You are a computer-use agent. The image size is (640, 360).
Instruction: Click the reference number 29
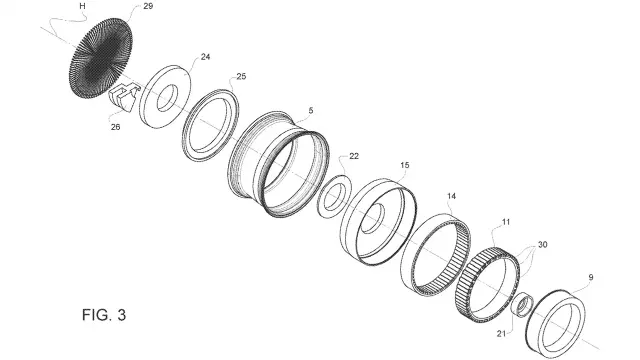[148, 7]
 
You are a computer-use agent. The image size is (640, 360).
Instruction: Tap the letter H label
[82, 6]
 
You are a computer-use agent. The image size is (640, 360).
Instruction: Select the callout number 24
[205, 57]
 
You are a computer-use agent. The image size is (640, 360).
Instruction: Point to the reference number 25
[241, 76]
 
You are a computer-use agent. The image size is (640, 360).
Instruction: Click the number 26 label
[116, 127]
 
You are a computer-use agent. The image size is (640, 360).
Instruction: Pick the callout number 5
[311, 111]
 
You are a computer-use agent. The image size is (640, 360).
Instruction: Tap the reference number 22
[354, 156]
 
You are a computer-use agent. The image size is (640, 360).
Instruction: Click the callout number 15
[404, 165]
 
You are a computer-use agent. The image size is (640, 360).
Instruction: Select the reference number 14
[451, 196]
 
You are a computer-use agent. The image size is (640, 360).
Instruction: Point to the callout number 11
[506, 222]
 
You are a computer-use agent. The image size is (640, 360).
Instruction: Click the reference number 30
[542, 244]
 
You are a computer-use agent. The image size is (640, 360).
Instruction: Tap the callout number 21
[501, 333]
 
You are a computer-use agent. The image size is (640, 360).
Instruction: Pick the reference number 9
[591, 278]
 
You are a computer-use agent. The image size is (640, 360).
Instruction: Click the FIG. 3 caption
[104, 315]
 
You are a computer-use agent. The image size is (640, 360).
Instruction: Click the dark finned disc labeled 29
[101, 58]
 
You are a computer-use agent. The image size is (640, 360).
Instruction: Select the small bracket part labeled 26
[122, 97]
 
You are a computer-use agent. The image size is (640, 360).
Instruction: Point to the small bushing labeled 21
[522, 305]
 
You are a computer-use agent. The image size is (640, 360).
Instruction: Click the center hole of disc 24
[167, 98]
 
